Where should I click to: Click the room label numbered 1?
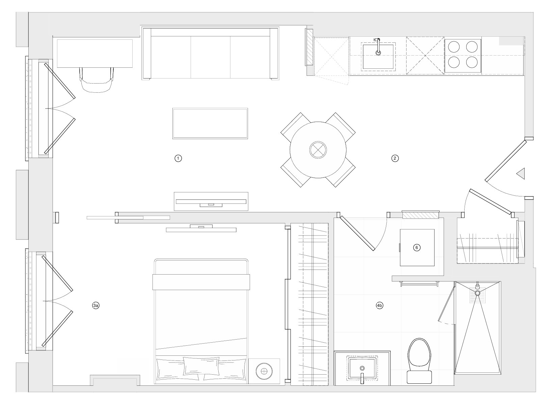coord(178,158)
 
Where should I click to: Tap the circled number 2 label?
coord(395,158)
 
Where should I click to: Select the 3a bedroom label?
coord(96,306)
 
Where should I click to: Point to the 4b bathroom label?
coord(380,306)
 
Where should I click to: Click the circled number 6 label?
coord(417,248)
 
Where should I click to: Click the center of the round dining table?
coord(318,150)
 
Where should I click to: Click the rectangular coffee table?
coord(210,123)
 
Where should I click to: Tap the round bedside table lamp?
coord(264,371)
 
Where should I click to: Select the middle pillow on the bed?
coord(201,366)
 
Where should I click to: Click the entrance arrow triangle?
coord(521,174)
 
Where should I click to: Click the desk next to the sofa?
coord(95,53)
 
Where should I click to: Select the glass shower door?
coord(446,303)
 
